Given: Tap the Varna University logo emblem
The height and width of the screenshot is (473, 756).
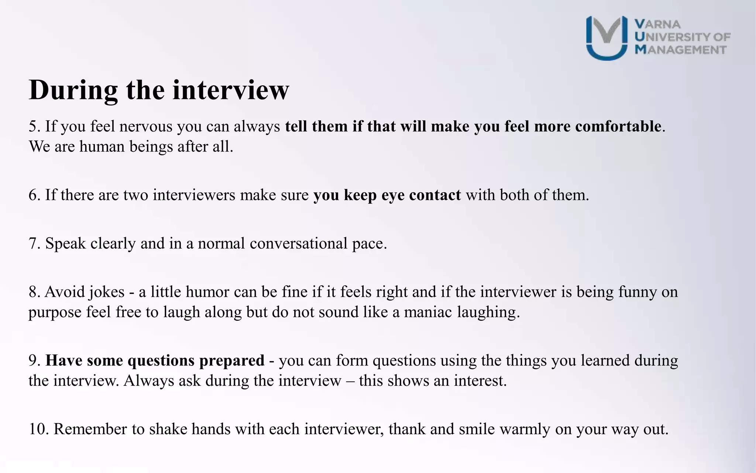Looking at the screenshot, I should point(606,38).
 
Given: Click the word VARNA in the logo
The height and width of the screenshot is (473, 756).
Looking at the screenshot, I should point(657,24).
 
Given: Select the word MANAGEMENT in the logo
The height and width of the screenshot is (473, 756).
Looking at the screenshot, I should point(681,50).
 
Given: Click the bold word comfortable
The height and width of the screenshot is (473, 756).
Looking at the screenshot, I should point(618,127).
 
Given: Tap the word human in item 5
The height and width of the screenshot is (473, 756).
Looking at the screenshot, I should point(102,147).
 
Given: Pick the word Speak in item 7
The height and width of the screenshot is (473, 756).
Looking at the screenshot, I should point(65,244).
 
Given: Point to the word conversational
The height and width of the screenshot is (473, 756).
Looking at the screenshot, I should point(298,244).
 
